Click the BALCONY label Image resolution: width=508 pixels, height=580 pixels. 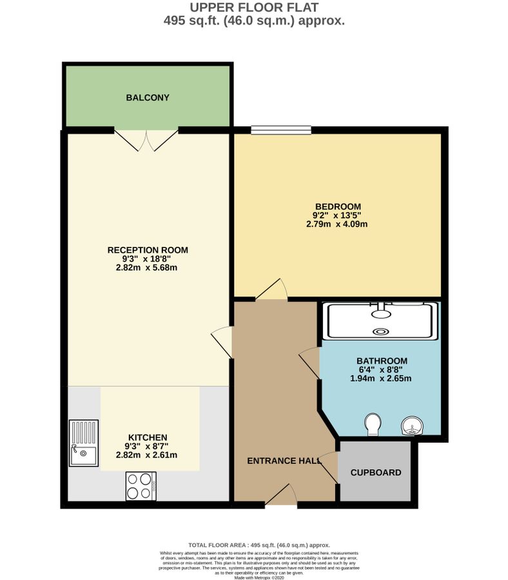[147, 98]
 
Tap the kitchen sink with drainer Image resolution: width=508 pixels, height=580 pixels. [84, 442]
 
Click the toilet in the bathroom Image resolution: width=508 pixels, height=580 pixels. [371, 424]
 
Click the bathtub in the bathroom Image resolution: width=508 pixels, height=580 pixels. [382, 320]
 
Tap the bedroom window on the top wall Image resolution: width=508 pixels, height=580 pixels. [281, 130]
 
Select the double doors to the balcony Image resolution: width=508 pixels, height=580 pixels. [146, 139]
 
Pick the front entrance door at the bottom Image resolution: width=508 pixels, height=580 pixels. [281, 496]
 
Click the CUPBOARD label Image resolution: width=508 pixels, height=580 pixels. [375, 472]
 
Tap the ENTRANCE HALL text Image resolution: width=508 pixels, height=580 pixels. [284, 461]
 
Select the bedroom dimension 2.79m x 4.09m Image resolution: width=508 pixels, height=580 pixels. [337, 224]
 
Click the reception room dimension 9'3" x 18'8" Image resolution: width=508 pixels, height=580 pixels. [146, 259]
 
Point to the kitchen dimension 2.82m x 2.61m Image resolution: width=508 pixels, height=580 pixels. [146, 455]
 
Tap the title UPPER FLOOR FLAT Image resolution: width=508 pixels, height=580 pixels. [254, 8]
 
